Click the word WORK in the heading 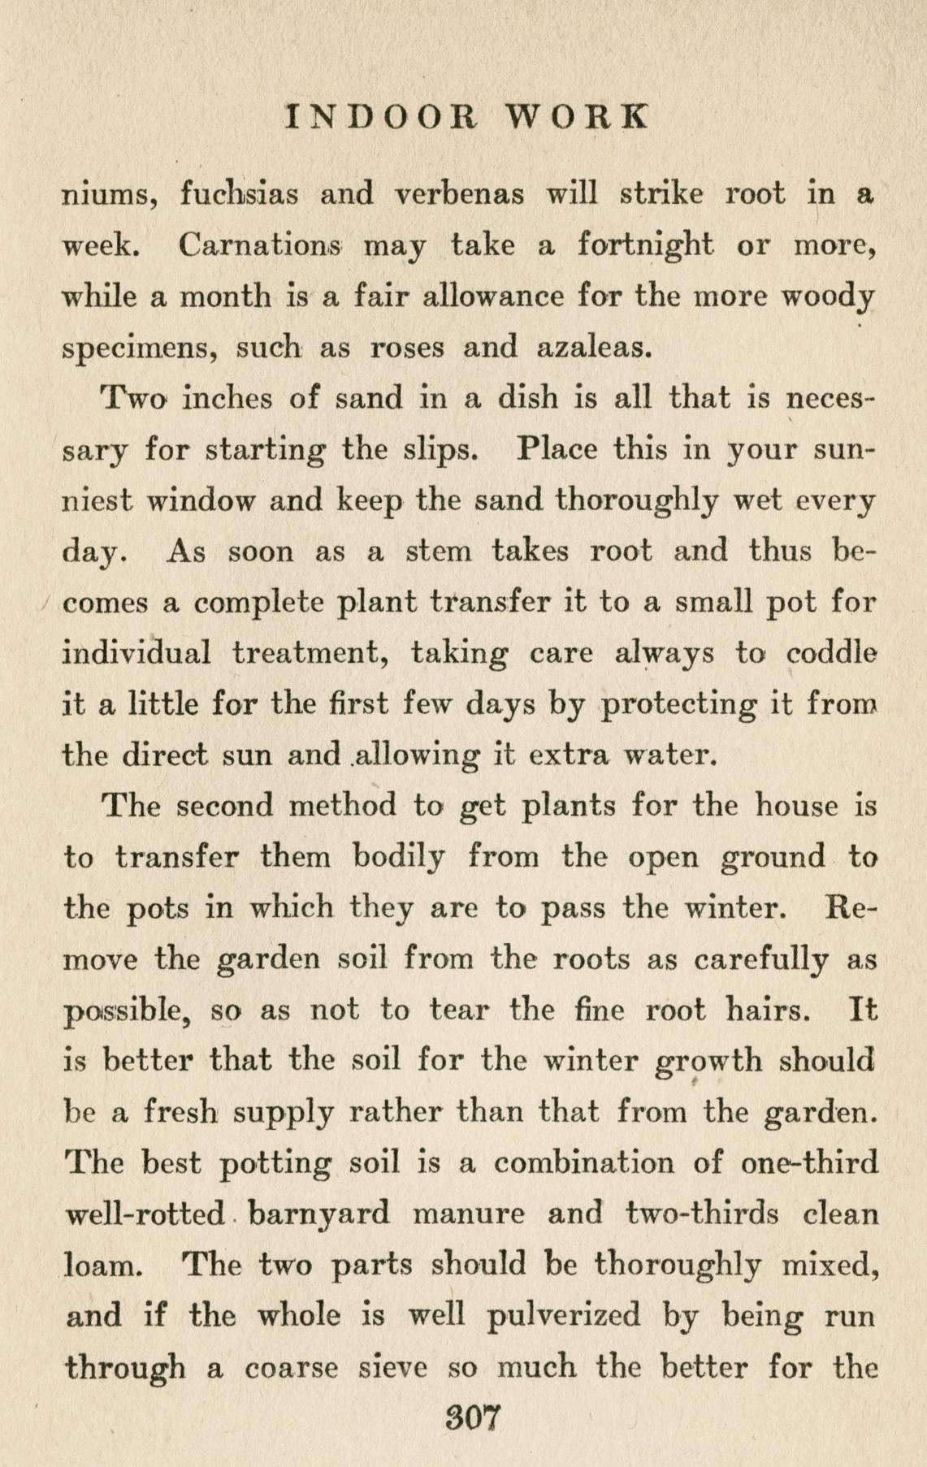tap(578, 117)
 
